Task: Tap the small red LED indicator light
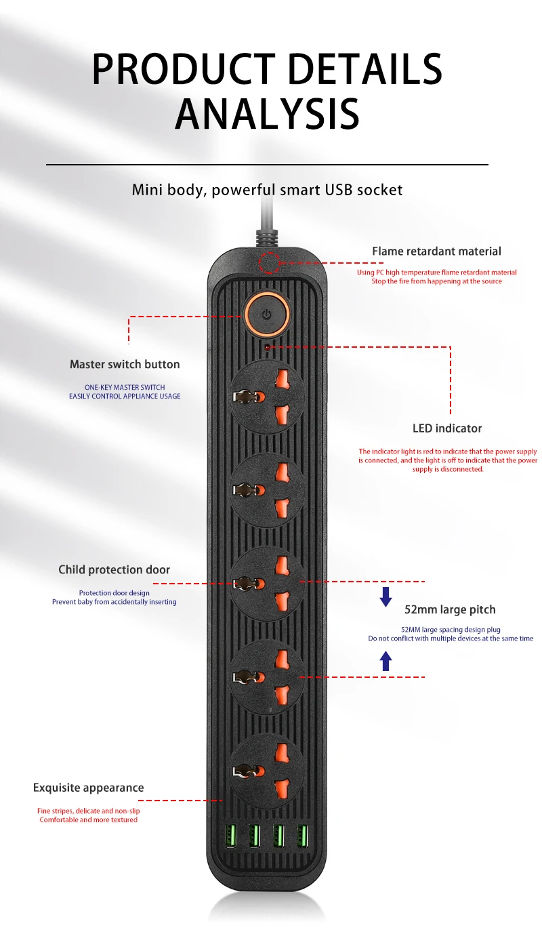pyautogui.click(x=268, y=346)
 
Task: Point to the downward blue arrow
pyautogui.click(x=385, y=597)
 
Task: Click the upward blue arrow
pyautogui.click(x=385, y=660)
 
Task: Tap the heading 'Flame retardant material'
pyautogui.click(x=436, y=251)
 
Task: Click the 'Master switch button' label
pyautogui.click(x=125, y=365)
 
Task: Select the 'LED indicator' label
pyautogui.click(x=447, y=428)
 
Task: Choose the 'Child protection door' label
pyautogui.click(x=114, y=570)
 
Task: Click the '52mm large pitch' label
pyautogui.click(x=450, y=610)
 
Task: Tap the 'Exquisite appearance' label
pyautogui.click(x=89, y=788)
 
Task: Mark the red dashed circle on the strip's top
pyautogui.click(x=270, y=261)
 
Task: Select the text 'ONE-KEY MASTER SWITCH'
pyautogui.click(x=125, y=388)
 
